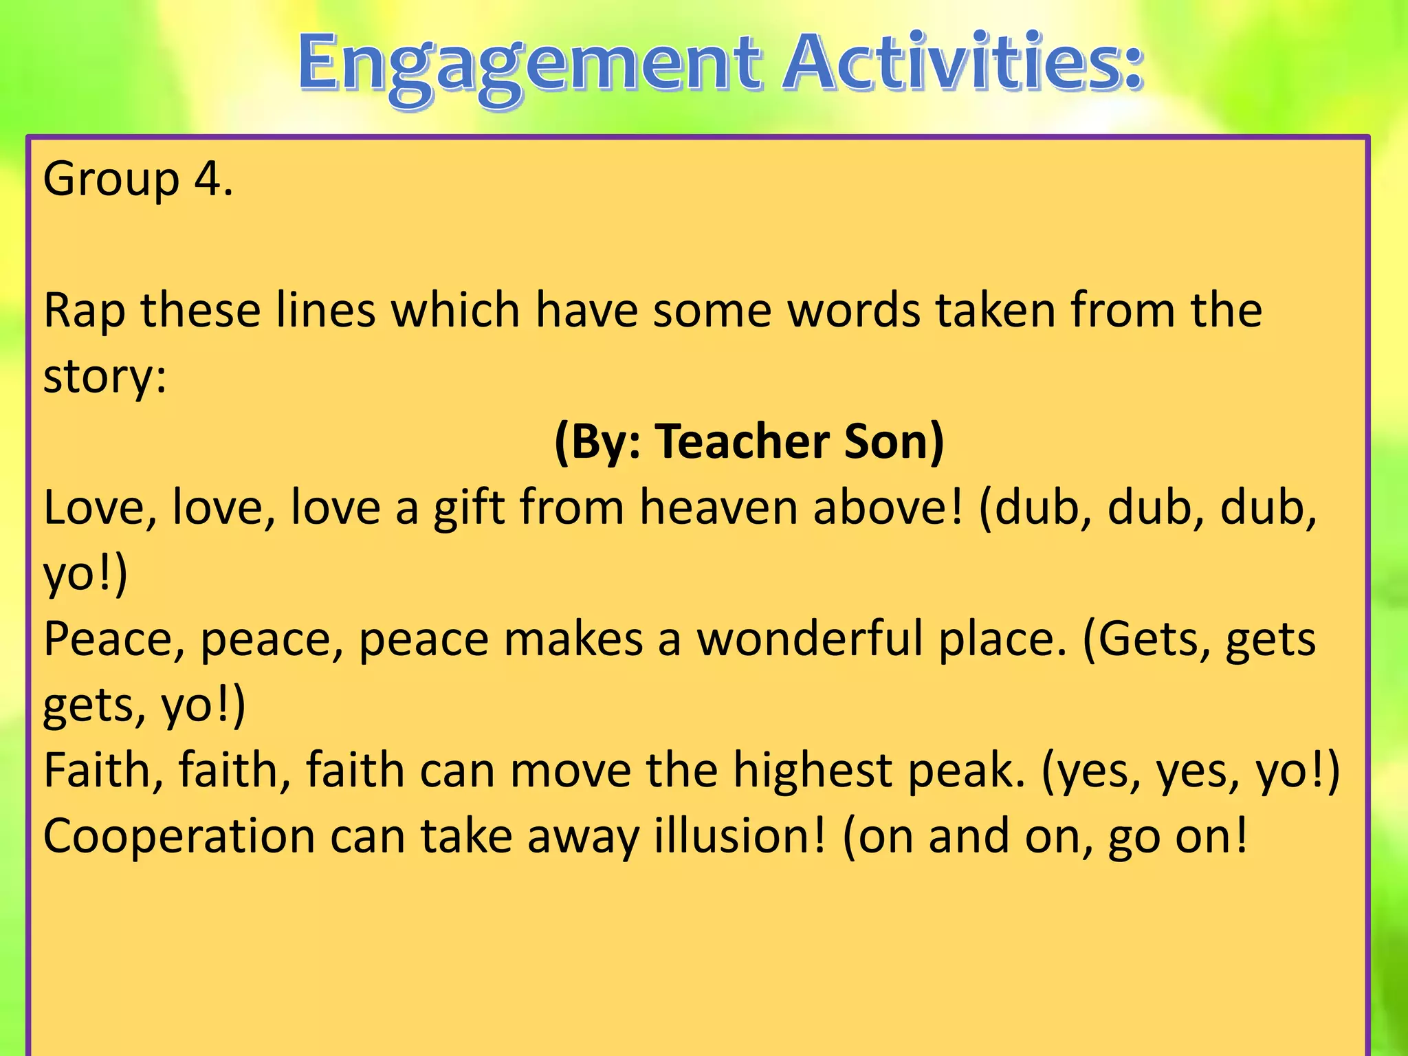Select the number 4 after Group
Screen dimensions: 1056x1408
pos(207,179)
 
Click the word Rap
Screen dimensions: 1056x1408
pos(84,311)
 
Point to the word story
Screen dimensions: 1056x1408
pos(103,377)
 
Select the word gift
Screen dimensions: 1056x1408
pos(470,509)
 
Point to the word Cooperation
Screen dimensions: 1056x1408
pos(179,837)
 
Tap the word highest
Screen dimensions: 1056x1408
pos(812,771)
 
